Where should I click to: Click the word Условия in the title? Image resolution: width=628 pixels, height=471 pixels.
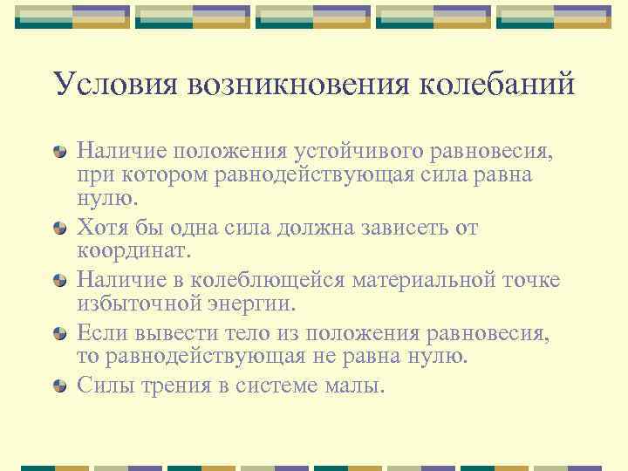[106, 85]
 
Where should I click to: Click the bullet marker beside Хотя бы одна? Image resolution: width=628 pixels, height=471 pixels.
[59, 229]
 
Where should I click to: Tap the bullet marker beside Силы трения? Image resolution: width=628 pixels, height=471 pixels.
[59, 385]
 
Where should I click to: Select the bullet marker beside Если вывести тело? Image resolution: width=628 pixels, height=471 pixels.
[59, 333]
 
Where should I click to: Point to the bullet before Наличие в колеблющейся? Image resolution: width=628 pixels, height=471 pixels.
[59, 280]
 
